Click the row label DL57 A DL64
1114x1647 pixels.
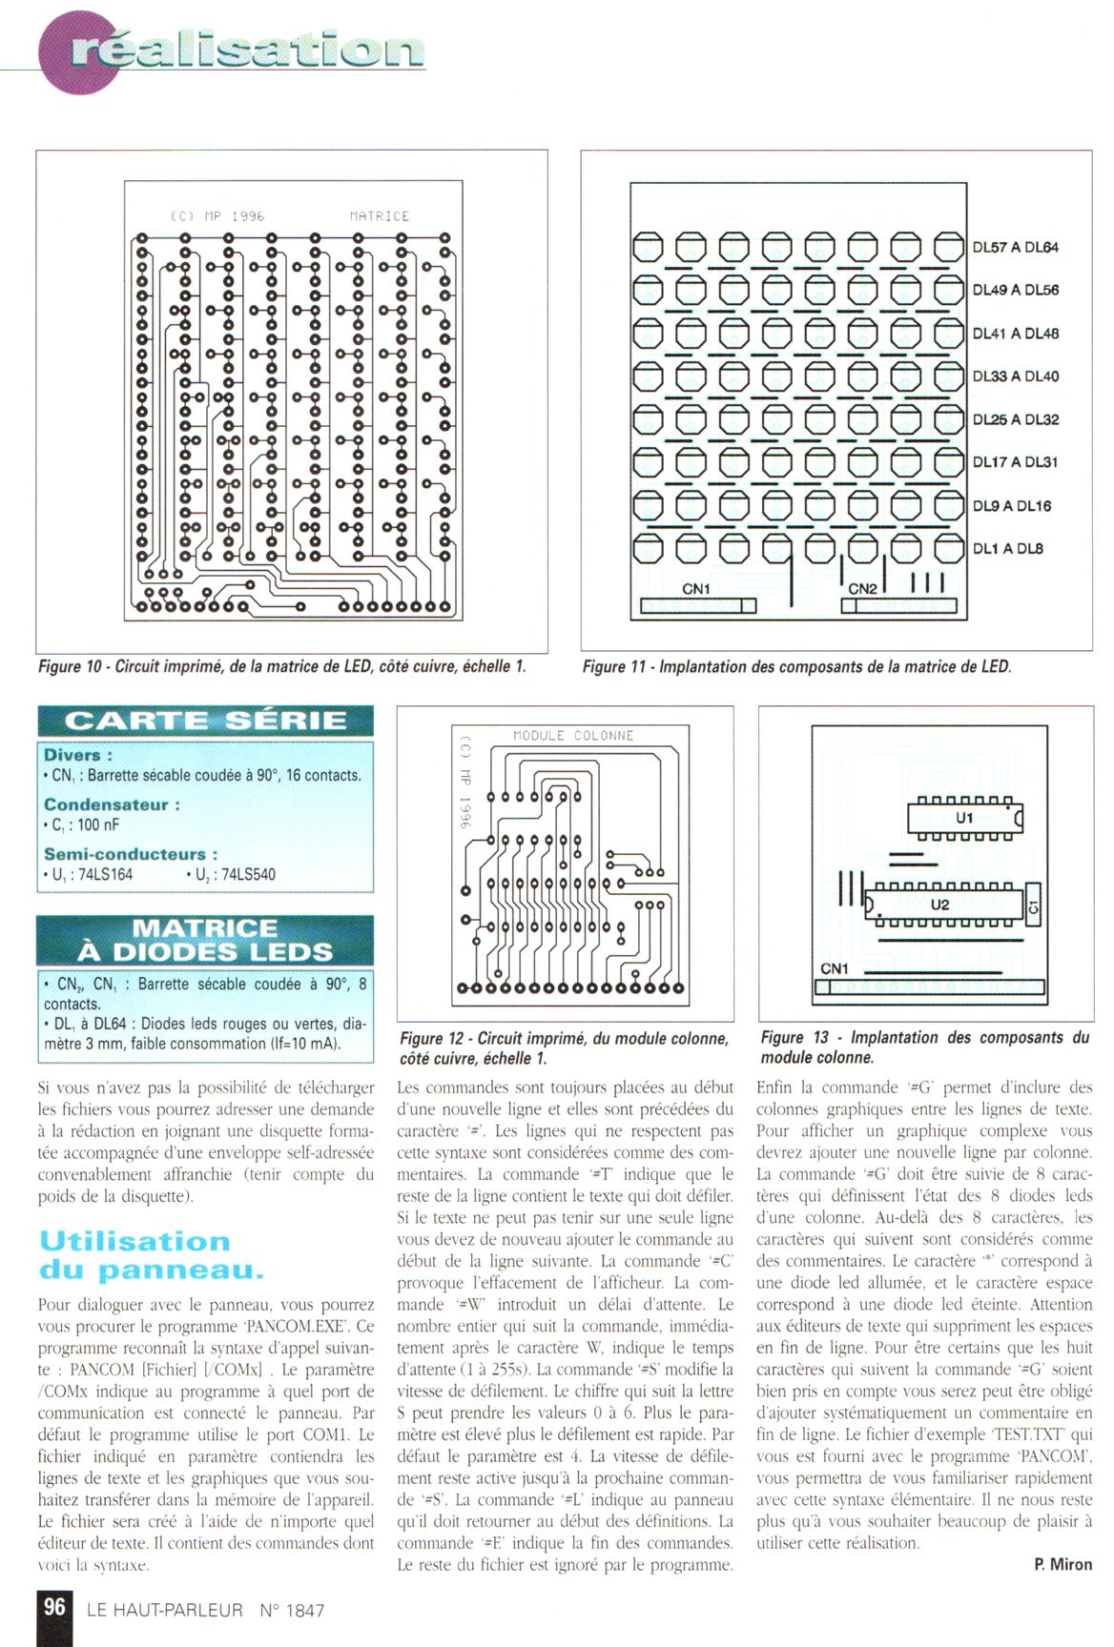(x=1015, y=248)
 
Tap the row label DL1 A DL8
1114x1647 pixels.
(x=1007, y=549)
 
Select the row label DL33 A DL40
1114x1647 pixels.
(x=1015, y=376)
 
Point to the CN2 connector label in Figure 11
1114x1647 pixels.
(x=862, y=589)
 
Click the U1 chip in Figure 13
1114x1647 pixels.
(x=964, y=818)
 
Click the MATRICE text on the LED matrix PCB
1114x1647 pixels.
(x=379, y=216)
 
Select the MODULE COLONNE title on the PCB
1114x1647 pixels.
(x=573, y=736)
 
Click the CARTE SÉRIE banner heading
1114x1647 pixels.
(x=205, y=721)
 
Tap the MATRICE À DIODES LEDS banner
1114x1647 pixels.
(x=205, y=940)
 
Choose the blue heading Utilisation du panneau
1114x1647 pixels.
(x=150, y=1255)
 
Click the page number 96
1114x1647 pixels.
(x=54, y=1607)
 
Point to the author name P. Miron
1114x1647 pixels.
(x=1062, y=1564)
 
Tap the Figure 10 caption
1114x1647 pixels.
(x=281, y=667)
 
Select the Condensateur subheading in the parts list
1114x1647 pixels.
(x=112, y=804)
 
